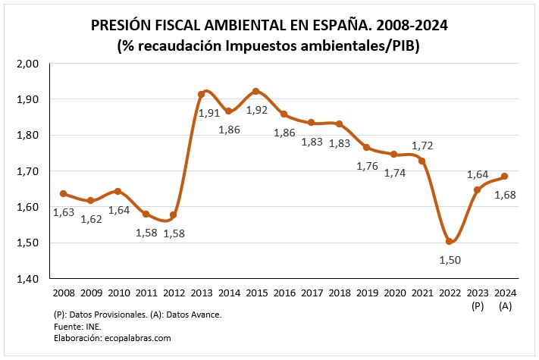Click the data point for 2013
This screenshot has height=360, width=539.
[201, 95]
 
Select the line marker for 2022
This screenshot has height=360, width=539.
[449, 242]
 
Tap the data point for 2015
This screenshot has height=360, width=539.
[255, 91]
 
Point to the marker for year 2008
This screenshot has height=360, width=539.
[63, 193]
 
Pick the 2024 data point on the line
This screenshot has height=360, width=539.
[504, 177]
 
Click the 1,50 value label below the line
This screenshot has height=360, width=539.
[450, 261]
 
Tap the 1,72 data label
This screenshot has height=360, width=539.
[421, 144]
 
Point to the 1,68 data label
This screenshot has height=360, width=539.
[505, 195]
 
